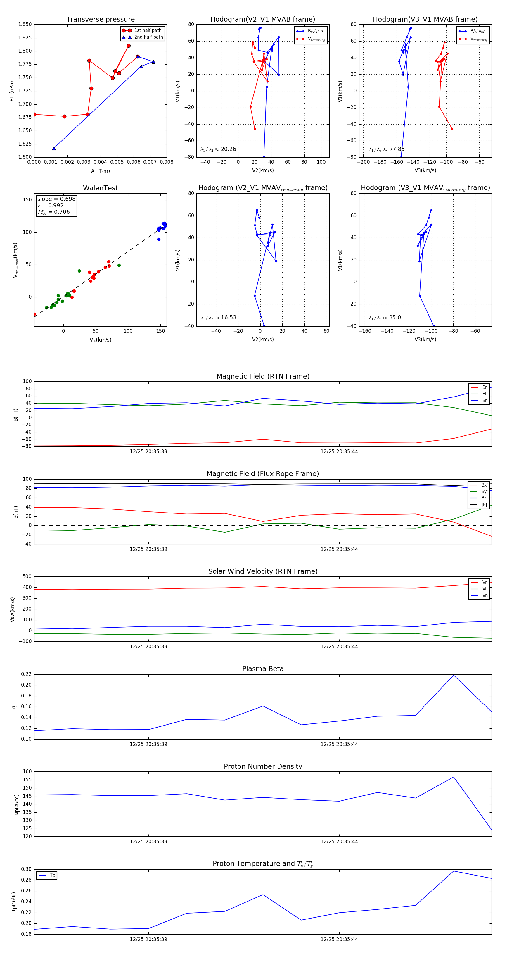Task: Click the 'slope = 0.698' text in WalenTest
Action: point(56,199)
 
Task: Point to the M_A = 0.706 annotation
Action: point(53,212)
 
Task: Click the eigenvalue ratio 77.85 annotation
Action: point(386,149)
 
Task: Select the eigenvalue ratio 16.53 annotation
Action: point(218,318)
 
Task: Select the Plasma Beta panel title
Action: point(263,669)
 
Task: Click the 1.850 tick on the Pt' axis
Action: point(25,24)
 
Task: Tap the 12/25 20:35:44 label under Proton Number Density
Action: point(339,841)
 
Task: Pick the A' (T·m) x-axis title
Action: point(100,171)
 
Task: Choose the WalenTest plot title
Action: point(100,188)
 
